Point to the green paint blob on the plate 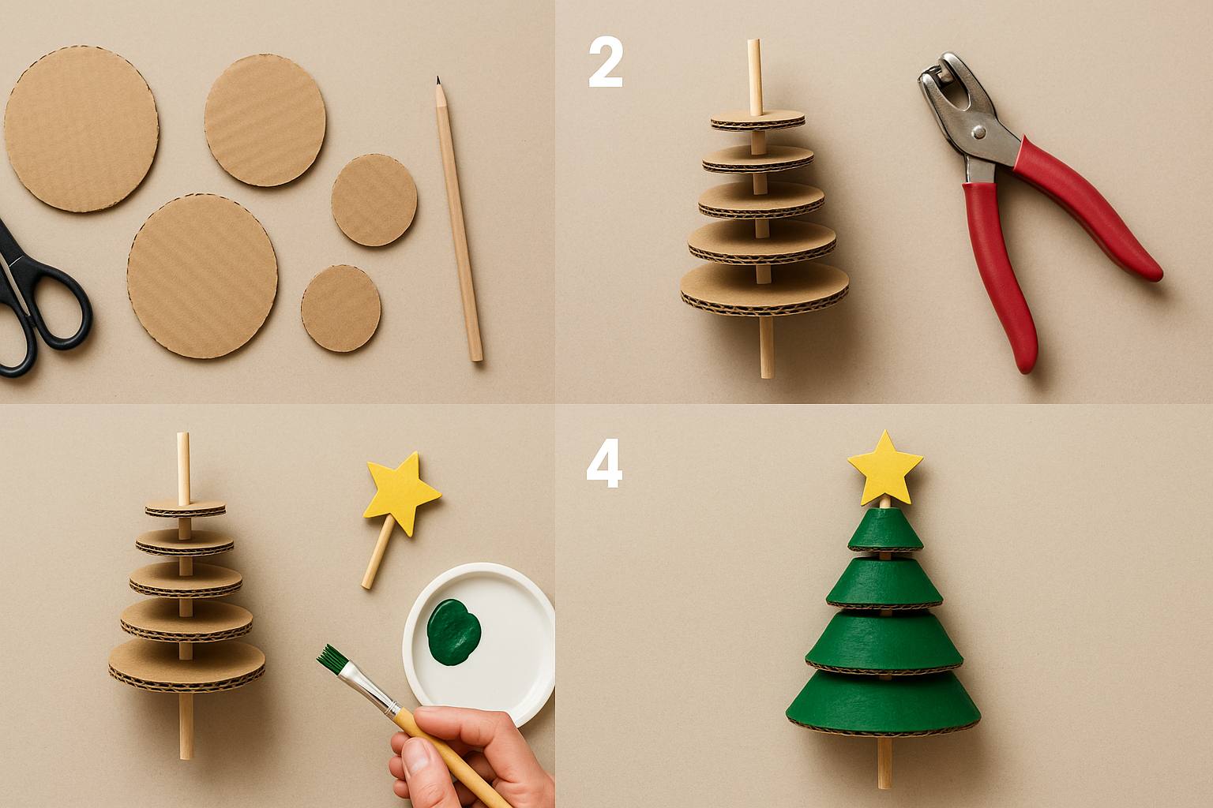coord(453,630)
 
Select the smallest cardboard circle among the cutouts coord(341,308)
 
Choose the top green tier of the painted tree coord(885,529)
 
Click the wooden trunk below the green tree coord(884,761)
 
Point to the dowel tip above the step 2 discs coord(754,47)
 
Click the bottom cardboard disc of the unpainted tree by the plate coord(186,663)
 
